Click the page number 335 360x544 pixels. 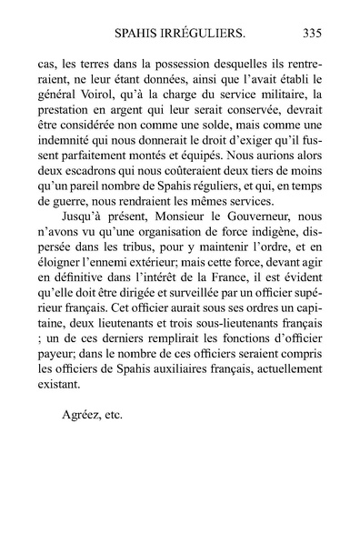(312, 35)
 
